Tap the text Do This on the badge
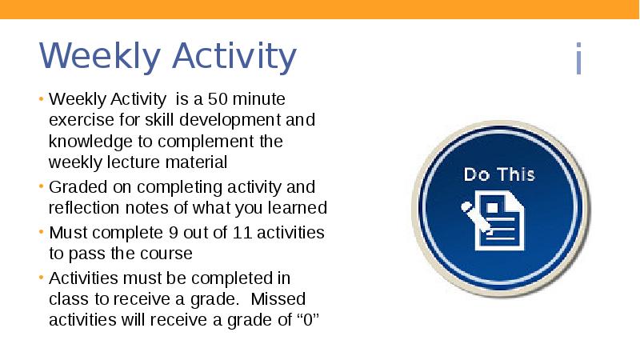pos(500,174)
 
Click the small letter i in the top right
pos(578,61)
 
